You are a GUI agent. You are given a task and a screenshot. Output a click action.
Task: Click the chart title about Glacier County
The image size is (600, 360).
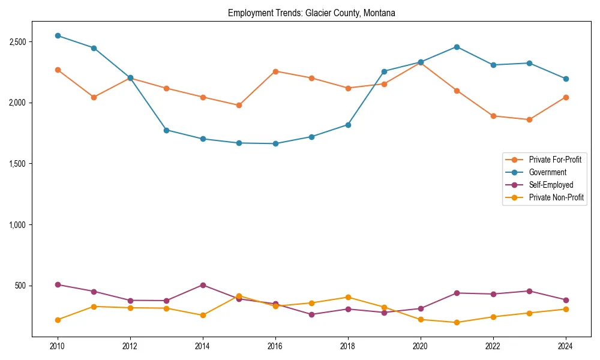(x=311, y=13)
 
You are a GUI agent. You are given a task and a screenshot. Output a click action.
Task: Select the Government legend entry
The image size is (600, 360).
(x=547, y=172)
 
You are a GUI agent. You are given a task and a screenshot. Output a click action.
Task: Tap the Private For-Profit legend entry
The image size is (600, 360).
(x=554, y=160)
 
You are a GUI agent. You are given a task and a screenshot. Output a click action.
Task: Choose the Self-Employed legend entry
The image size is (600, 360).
(x=551, y=185)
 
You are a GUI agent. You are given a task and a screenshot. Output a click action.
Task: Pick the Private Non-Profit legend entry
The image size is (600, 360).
(x=556, y=197)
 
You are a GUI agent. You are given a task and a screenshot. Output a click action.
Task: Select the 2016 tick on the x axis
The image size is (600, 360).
(x=275, y=346)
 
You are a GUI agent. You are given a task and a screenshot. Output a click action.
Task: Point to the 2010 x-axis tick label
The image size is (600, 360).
(x=58, y=346)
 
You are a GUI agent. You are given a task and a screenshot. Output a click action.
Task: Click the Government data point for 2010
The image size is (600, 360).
(x=58, y=35)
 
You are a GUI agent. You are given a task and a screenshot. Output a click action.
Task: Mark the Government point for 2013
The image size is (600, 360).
(x=166, y=130)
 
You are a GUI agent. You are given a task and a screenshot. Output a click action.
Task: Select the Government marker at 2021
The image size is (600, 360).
(x=457, y=47)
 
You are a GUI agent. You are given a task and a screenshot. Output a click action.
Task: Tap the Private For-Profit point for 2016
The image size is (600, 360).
(x=275, y=71)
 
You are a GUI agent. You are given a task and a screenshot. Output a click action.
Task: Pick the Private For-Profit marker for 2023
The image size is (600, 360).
(x=529, y=119)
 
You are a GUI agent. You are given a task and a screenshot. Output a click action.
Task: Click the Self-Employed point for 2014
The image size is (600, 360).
(x=203, y=285)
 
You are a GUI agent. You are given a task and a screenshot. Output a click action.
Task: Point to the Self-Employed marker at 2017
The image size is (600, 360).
(x=311, y=314)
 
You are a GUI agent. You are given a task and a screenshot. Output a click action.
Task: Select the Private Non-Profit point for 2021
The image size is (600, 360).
(x=457, y=322)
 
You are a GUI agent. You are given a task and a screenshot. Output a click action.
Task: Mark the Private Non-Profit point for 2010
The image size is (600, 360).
(x=58, y=320)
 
